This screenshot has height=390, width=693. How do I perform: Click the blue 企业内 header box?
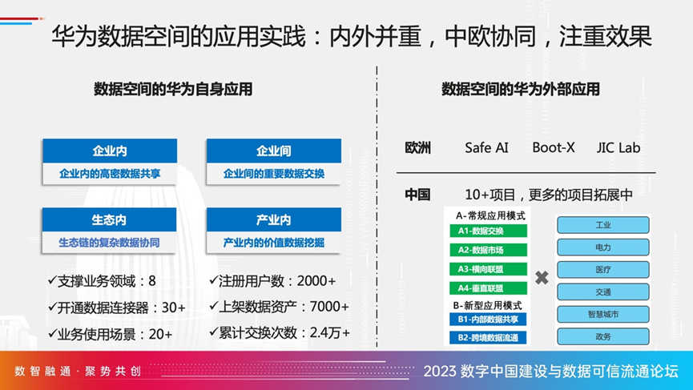pyautogui.click(x=110, y=151)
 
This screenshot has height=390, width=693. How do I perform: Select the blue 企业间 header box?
pyautogui.click(x=273, y=151)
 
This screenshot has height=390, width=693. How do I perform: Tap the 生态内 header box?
pyautogui.click(x=109, y=219)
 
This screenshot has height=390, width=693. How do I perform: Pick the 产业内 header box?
pyautogui.click(x=273, y=219)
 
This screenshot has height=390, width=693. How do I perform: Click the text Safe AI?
pyautogui.click(x=486, y=147)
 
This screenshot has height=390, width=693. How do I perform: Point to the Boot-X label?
pyautogui.click(x=554, y=147)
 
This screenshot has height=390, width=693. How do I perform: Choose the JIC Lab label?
pyautogui.click(x=618, y=147)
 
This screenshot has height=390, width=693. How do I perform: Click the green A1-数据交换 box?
pyautogui.click(x=488, y=231)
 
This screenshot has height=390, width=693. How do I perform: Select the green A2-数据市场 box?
pyautogui.click(x=488, y=250)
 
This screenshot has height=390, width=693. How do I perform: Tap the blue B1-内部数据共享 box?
pyautogui.click(x=488, y=320)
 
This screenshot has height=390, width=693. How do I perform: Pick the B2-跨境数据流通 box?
pyautogui.click(x=488, y=338)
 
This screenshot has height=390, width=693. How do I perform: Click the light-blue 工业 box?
pyautogui.click(x=602, y=225)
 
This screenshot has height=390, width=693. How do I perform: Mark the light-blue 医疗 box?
pyautogui.click(x=602, y=269)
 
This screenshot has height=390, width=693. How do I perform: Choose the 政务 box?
pyautogui.click(x=602, y=336)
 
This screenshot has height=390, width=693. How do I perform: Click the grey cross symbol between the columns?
pyautogui.click(x=542, y=278)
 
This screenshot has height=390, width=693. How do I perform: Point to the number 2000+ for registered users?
pyautogui.click(x=316, y=281)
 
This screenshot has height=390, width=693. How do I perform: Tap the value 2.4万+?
pyautogui.click(x=330, y=332)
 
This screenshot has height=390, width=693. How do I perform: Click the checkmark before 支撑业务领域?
pyautogui.click(x=52, y=280)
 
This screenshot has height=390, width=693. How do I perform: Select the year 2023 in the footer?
pyautogui.click(x=440, y=372)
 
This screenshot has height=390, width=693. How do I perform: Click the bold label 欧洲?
pyautogui.click(x=417, y=147)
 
